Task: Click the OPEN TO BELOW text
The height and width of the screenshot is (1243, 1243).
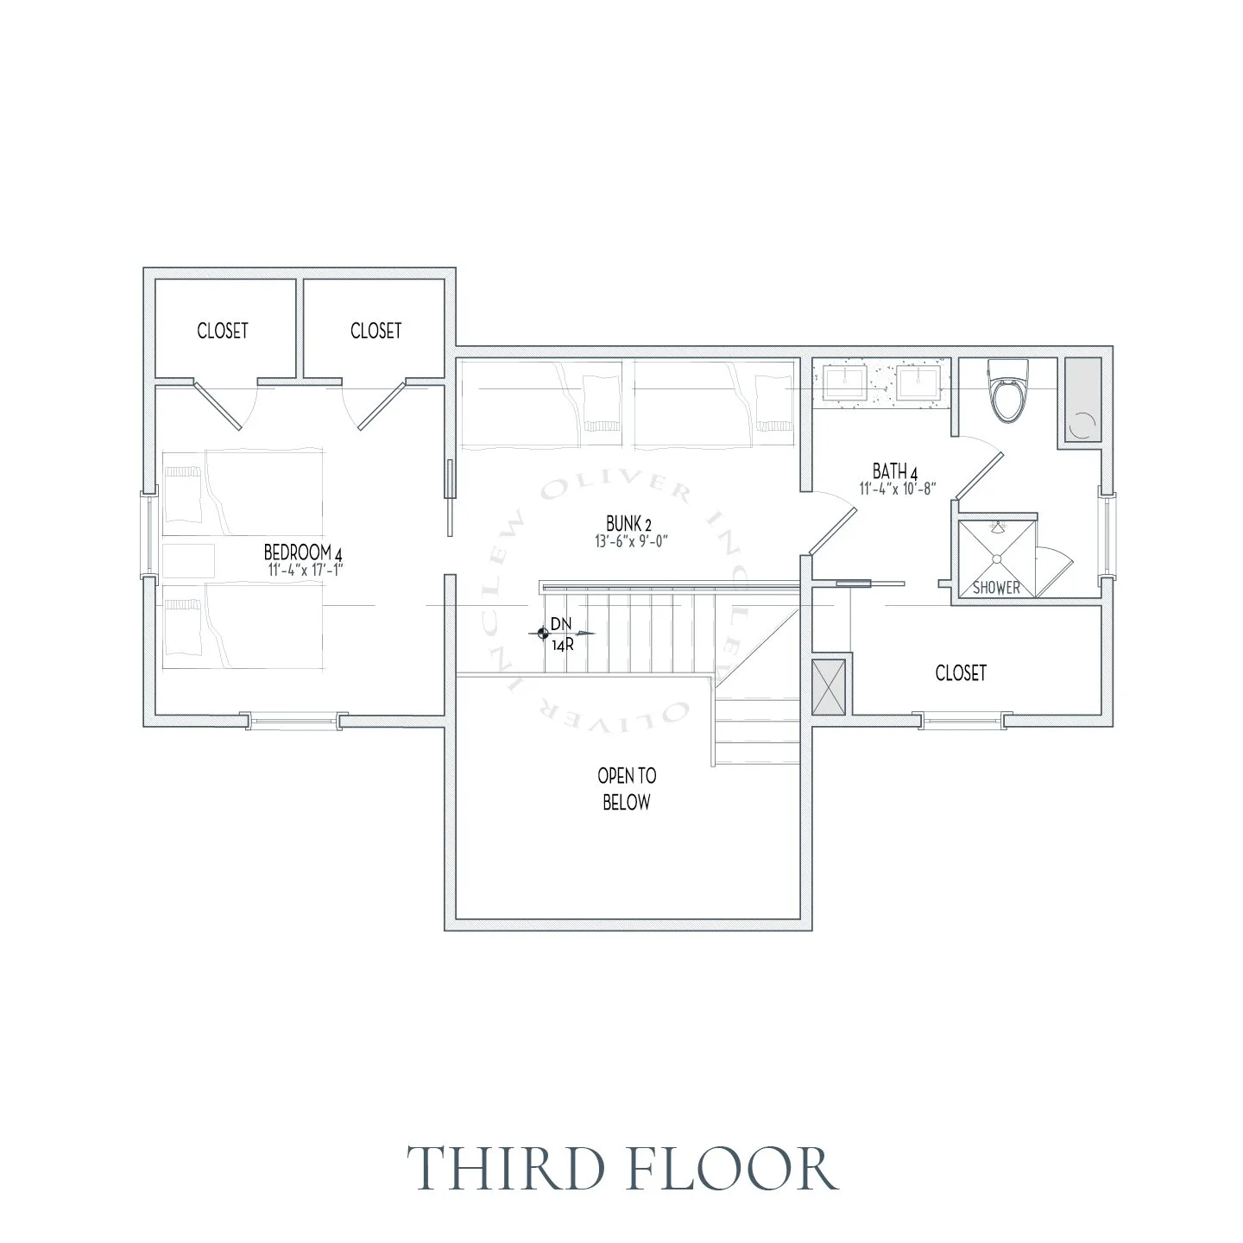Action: [627, 789]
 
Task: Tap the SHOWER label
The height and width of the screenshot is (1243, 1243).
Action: [996, 589]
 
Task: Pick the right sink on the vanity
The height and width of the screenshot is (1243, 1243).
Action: [917, 382]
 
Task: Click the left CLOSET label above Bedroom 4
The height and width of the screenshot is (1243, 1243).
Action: [223, 331]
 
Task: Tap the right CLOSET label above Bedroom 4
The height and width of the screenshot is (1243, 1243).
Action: [375, 331]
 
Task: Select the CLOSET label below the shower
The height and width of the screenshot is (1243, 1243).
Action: [961, 672]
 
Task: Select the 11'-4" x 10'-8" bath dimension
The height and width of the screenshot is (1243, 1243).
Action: [898, 489]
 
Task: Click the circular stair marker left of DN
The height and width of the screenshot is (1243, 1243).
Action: [542, 634]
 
